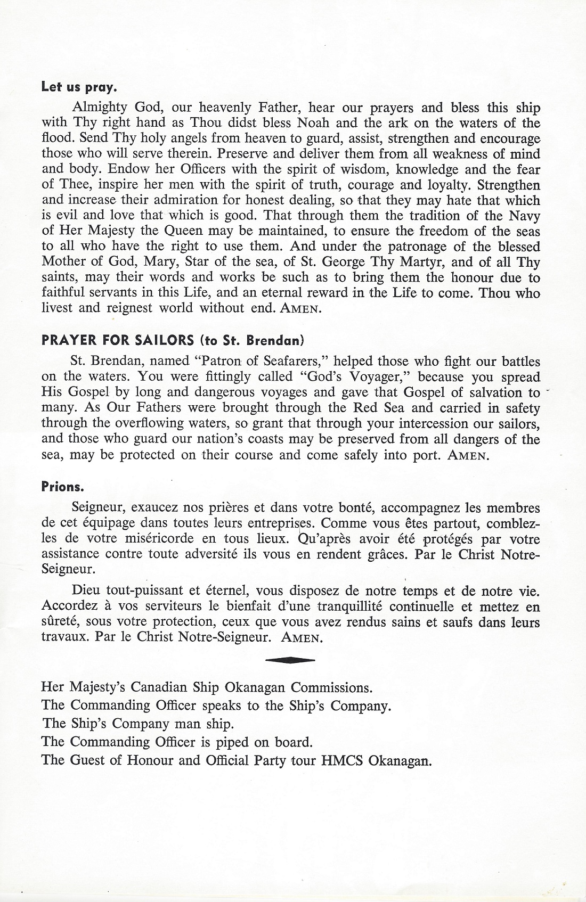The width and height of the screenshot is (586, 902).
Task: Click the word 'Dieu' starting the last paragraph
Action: (x=86, y=591)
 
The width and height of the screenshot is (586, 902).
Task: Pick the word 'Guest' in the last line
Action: (x=88, y=760)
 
